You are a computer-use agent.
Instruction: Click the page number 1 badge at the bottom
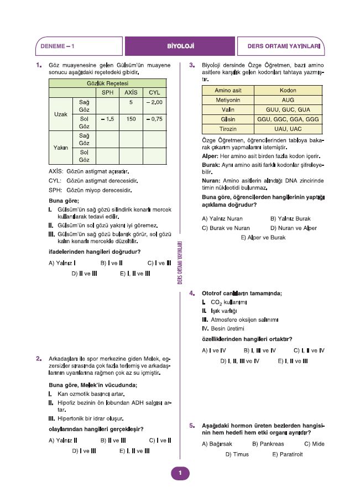click(x=180, y=473)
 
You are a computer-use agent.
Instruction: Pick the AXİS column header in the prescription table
click(x=131, y=93)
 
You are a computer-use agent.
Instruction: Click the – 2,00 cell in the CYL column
click(x=154, y=103)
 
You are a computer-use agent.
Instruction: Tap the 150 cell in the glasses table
click(x=131, y=119)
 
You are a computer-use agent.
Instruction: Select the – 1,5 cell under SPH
click(x=108, y=119)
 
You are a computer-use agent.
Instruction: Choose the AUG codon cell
click(x=288, y=100)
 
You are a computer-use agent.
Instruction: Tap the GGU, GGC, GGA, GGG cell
click(x=288, y=119)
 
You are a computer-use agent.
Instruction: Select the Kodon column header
click(x=288, y=91)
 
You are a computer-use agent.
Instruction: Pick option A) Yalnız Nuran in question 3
click(x=222, y=218)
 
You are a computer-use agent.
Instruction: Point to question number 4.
click(x=191, y=293)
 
